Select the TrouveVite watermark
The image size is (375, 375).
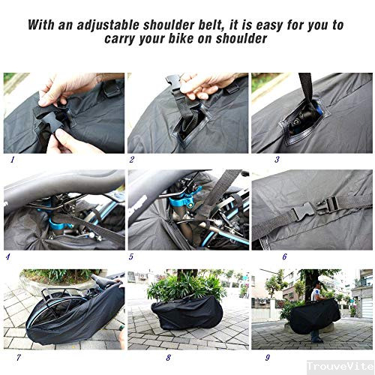(340, 366)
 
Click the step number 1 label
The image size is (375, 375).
(13, 160)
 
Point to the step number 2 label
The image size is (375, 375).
(132, 160)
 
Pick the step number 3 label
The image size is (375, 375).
(277, 160)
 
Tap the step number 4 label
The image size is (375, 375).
(8, 256)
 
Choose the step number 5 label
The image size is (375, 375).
(131, 256)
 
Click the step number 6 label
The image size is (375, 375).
(284, 256)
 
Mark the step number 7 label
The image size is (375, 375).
(18, 358)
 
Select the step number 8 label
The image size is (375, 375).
(169, 358)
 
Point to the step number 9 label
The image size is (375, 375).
(268, 358)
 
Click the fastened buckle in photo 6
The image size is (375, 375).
(316, 208)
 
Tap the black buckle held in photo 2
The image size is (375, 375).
(173, 82)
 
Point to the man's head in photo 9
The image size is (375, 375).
(317, 285)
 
